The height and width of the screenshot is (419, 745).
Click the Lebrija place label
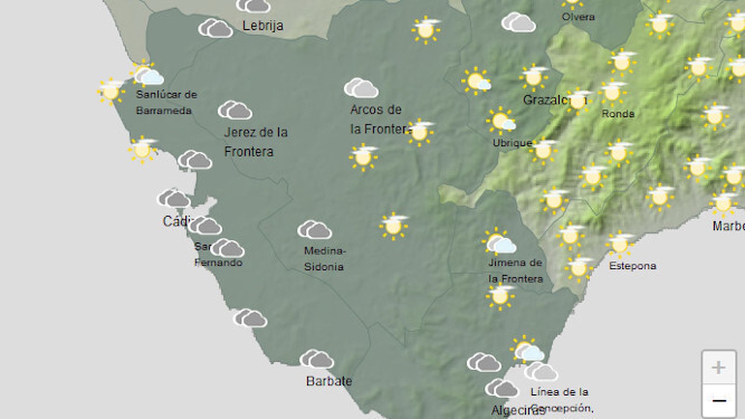(263, 26)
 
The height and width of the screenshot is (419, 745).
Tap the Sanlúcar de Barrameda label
(166, 102)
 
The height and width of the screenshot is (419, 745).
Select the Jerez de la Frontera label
(256, 142)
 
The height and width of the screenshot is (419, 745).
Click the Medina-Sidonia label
(324, 258)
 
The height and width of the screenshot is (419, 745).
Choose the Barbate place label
(329, 381)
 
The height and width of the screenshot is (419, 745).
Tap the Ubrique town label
(512, 143)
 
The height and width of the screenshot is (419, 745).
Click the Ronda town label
(618, 114)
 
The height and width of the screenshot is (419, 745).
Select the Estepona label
(632, 266)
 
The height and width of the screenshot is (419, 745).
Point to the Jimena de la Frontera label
(515, 270)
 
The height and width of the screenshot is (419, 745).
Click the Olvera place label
(578, 17)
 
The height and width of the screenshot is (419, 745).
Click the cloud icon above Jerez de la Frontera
(235, 110)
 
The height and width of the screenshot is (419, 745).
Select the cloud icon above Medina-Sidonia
(315, 230)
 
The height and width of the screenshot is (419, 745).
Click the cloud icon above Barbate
(317, 359)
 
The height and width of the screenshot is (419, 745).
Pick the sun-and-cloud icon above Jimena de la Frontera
(499, 242)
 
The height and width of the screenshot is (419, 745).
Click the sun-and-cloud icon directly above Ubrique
(501, 121)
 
